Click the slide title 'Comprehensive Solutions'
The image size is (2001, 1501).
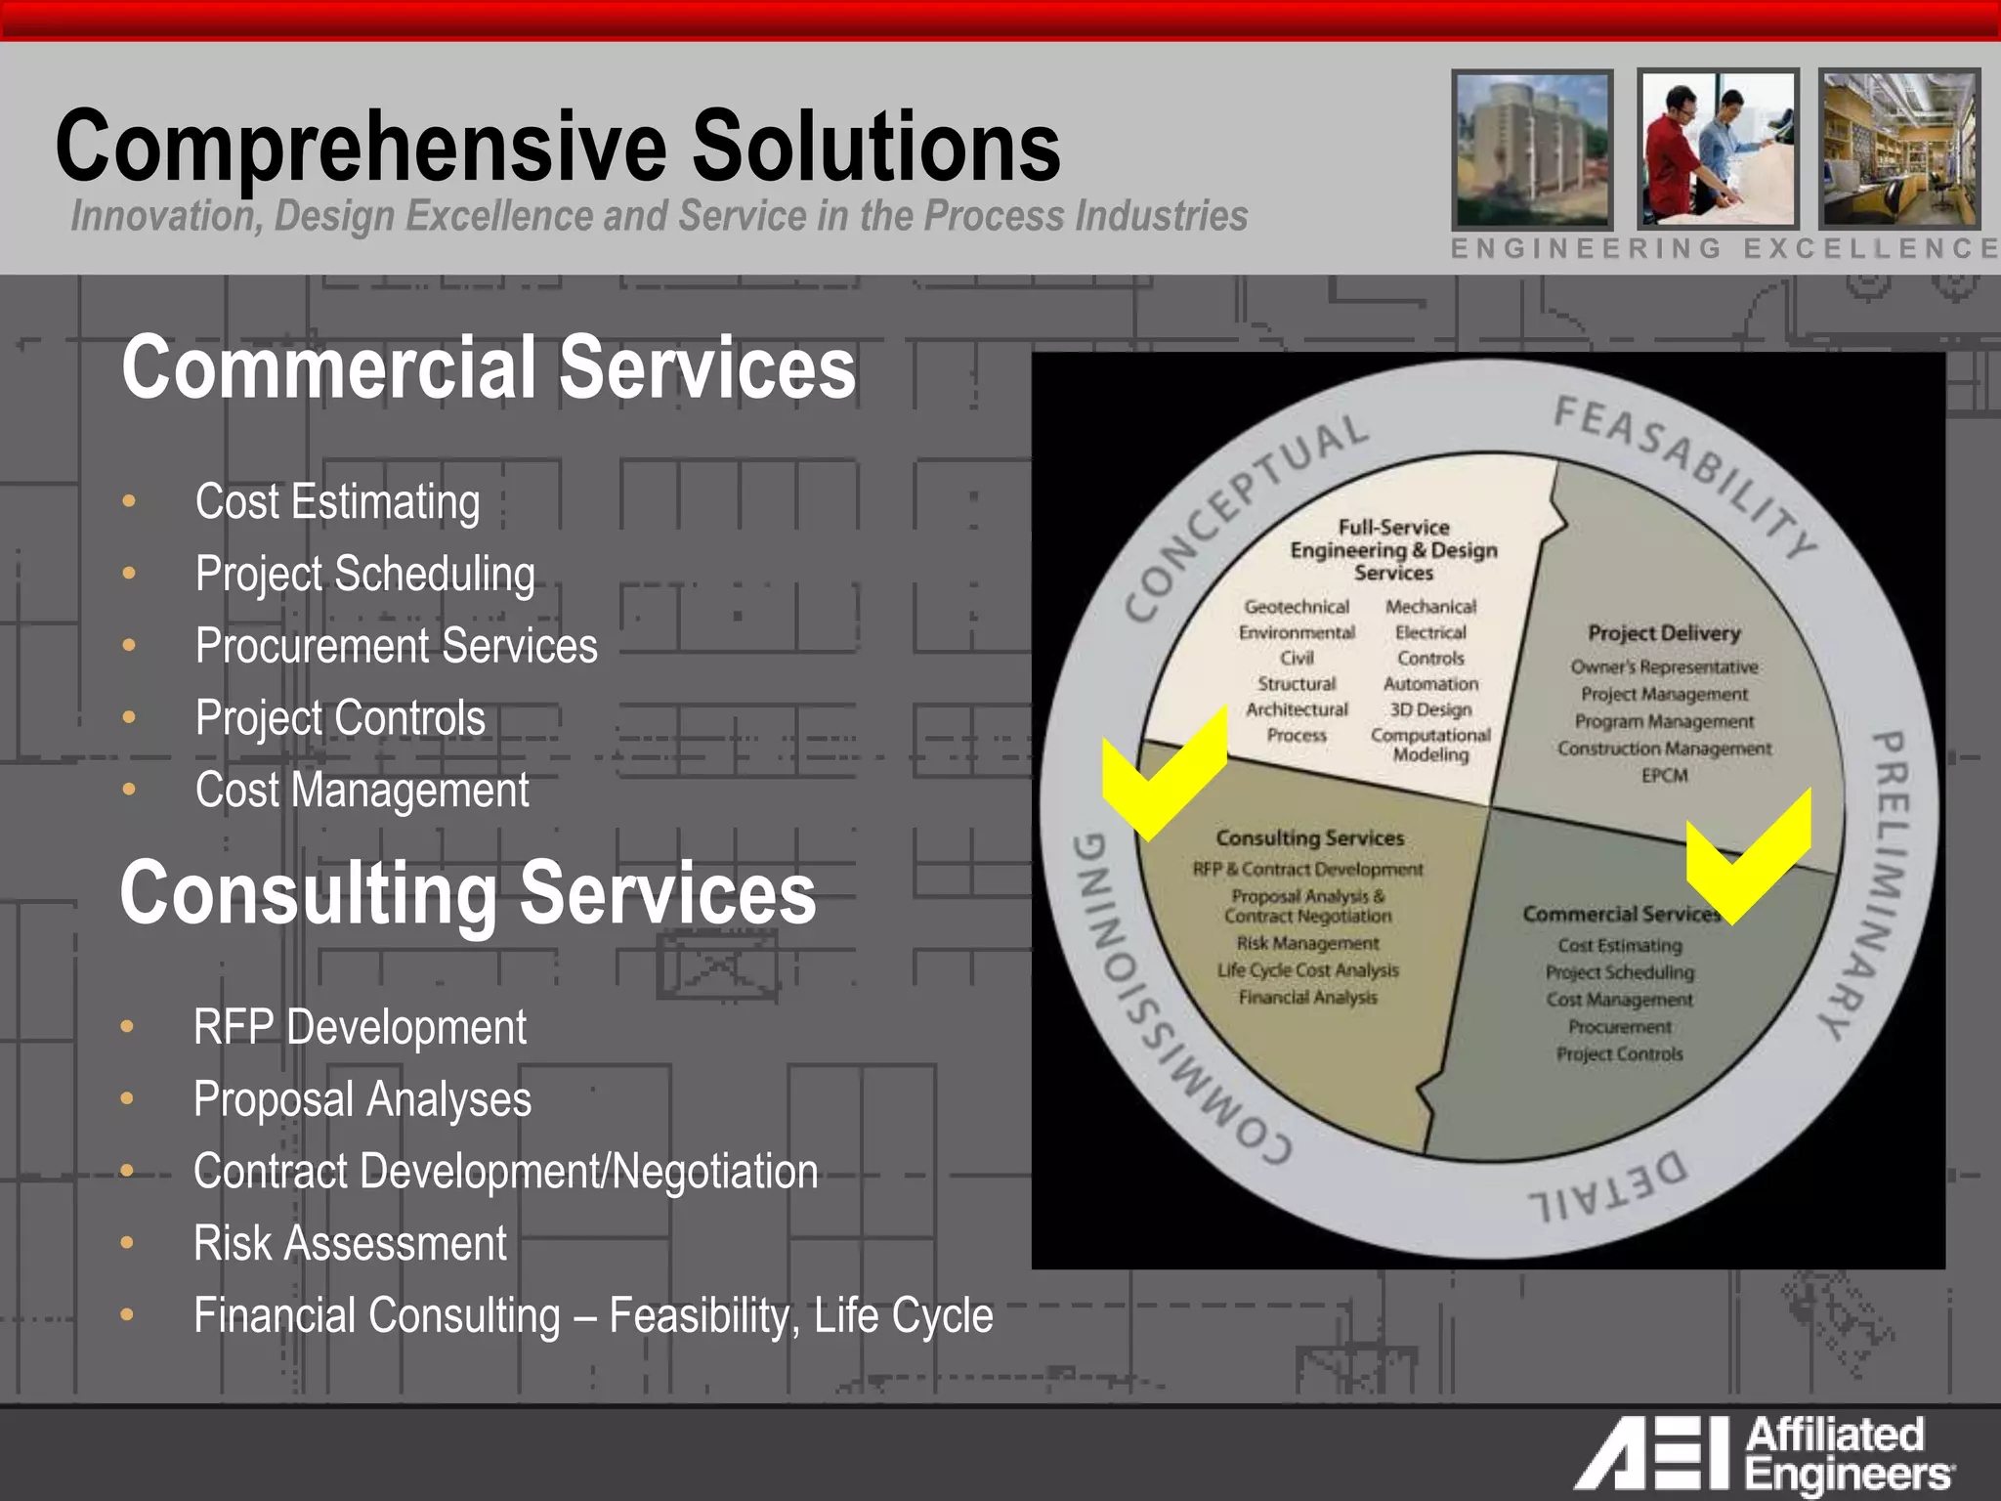point(558,147)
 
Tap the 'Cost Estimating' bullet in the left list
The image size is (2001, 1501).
point(337,502)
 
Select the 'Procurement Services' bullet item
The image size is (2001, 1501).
point(396,646)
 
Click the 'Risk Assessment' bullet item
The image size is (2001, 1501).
point(350,1244)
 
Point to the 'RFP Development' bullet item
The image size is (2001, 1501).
point(360,1028)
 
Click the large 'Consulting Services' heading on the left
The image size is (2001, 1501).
point(467,892)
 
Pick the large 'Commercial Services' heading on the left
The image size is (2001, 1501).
point(489,367)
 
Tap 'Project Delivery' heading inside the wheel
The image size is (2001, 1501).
point(1664,633)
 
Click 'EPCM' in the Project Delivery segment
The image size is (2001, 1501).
point(1664,776)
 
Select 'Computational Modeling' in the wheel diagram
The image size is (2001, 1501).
point(1430,745)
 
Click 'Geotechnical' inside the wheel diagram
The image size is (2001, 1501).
point(1297,607)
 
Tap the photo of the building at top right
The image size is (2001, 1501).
point(1531,149)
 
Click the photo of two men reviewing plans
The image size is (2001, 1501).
point(1717,149)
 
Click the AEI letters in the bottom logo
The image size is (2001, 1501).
point(1651,1453)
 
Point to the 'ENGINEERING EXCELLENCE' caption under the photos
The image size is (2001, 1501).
point(1724,249)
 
